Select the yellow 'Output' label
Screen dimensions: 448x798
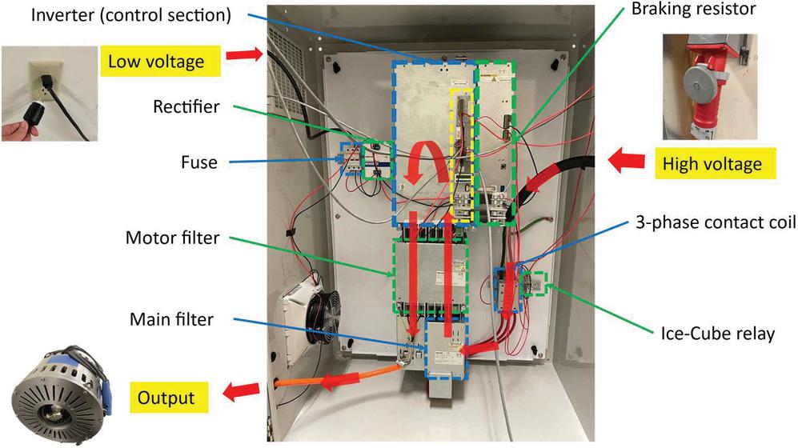[x=166, y=396]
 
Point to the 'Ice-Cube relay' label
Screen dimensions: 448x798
[x=717, y=334]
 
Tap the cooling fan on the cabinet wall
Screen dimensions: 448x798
[x=317, y=317]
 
